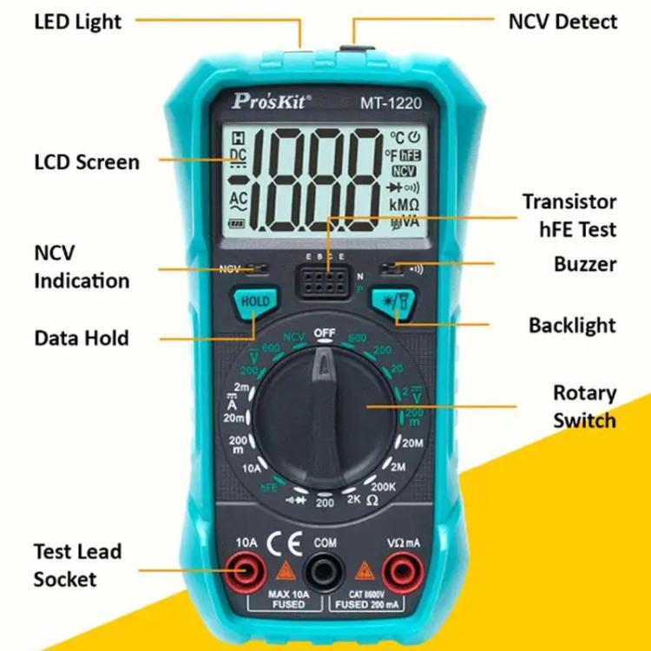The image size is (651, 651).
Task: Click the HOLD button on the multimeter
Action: click(254, 302)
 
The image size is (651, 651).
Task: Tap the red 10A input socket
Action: click(246, 571)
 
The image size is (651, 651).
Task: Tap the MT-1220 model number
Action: click(391, 102)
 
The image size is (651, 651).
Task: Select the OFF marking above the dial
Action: click(325, 332)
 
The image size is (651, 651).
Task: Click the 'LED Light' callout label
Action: click(77, 21)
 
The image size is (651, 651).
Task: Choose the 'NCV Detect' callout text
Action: click(562, 21)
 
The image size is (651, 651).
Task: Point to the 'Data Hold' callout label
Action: click(82, 337)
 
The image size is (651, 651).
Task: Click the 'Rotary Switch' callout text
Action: click(584, 406)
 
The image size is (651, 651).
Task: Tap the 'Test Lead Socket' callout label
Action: click(77, 564)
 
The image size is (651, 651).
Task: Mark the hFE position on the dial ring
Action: click(268, 487)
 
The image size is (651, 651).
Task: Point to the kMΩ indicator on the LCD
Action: click(404, 205)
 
